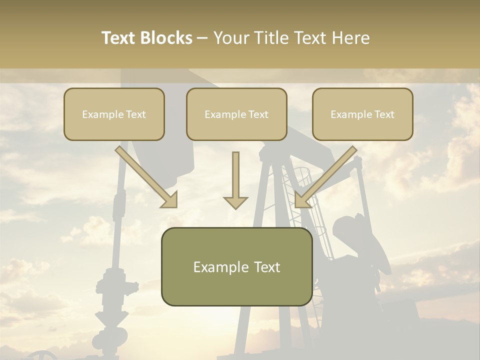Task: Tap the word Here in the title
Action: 352,38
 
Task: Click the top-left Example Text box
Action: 114,114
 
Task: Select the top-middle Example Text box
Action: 236,114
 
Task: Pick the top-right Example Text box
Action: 362,114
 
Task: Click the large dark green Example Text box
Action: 236,266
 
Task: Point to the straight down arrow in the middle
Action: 235,180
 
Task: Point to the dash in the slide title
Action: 202,38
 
